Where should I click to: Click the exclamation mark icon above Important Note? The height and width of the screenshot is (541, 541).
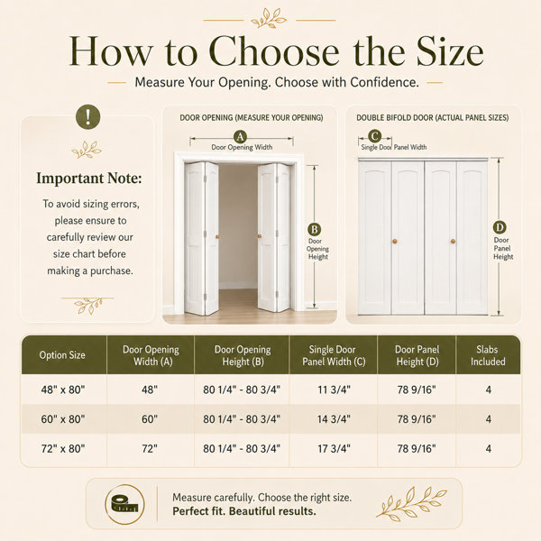coord(88,117)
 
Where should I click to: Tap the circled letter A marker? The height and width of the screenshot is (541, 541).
coord(240,137)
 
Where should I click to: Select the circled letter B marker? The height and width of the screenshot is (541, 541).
coord(314,229)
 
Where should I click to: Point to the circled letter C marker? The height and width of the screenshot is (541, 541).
coord(375,136)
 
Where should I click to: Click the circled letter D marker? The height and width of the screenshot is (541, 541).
coord(500,227)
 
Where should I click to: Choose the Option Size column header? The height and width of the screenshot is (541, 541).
coord(62,355)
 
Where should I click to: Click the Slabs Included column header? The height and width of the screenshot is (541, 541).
coord(488,355)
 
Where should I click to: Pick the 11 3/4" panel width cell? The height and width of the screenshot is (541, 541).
coord(334,390)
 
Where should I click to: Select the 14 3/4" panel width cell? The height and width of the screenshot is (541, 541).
coord(334,419)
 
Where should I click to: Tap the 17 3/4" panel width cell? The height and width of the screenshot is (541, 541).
coord(334,448)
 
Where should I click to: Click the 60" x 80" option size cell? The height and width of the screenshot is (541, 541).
coord(63,419)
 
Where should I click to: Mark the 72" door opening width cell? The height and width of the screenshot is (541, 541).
coord(150,448)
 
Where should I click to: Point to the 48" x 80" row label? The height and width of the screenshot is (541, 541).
coord(63,390)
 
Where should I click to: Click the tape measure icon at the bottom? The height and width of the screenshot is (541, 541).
coord(124,504)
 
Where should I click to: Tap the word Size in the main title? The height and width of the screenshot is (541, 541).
coord(450,50)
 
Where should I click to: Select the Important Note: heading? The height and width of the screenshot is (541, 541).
coord(89,179)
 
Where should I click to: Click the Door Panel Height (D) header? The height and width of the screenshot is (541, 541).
coord(417,355)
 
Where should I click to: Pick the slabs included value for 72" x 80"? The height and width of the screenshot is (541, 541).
coord(488,448)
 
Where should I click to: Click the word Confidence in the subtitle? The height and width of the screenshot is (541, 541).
coord(384,82)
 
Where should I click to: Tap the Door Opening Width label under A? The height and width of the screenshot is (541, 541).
coord(242,147)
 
